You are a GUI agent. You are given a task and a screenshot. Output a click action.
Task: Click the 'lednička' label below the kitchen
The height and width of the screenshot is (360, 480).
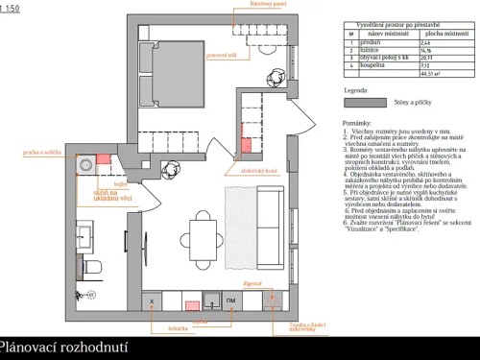point(165,329)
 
